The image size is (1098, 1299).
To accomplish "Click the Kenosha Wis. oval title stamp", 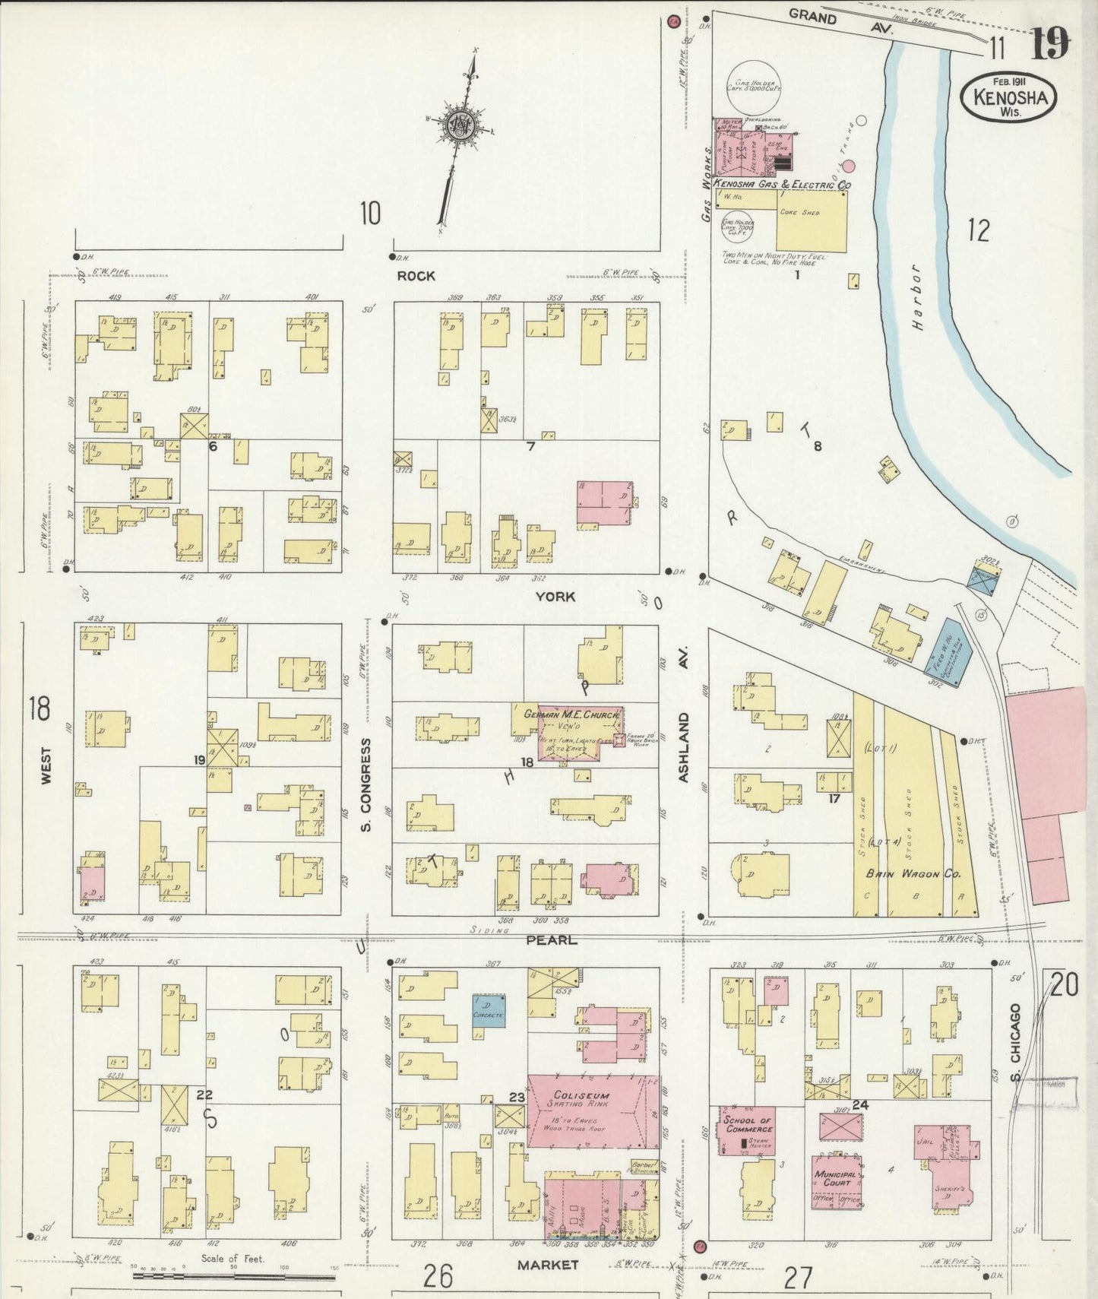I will click(1009, 97).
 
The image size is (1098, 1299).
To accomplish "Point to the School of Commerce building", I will click(747, 1130).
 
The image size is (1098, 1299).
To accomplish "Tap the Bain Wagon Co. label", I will click(913, 874).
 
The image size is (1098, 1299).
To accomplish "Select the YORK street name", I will click(555, 597).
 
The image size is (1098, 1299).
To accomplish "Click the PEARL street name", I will click(552, 940).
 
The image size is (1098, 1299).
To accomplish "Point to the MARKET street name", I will click(548, 1265).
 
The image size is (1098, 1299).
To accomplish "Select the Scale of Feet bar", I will click(234, 1276).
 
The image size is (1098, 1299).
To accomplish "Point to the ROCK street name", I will click(416, 276).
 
